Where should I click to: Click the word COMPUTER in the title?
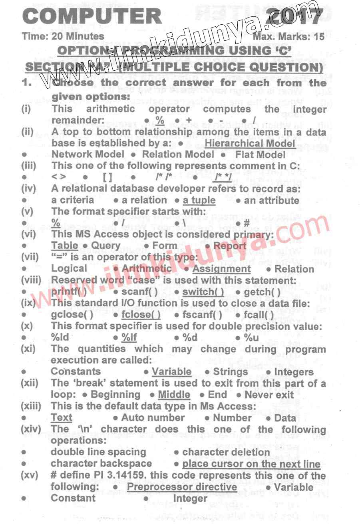(x=92, y=16)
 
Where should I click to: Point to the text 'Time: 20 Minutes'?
(x=63, y=36)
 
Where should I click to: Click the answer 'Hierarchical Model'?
(x=250, y=143)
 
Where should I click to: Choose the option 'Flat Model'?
(x=260, y=155)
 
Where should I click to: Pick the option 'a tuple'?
(x=199, y=200)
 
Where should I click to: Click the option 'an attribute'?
(x=271, y=200)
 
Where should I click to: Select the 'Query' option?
(x=106, y=246)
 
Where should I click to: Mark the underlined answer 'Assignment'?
(x=221, y=269)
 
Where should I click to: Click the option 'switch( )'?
(x=203, y=292)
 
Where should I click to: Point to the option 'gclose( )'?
(x=72, y=315)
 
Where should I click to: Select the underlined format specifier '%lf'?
(x=129, y=337)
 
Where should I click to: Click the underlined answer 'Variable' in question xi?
(x=171, y=372)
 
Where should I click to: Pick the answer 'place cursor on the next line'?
(x=251, y=464)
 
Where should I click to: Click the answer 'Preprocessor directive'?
(x=182, y=487)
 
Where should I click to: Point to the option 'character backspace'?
(x=101, y=464)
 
